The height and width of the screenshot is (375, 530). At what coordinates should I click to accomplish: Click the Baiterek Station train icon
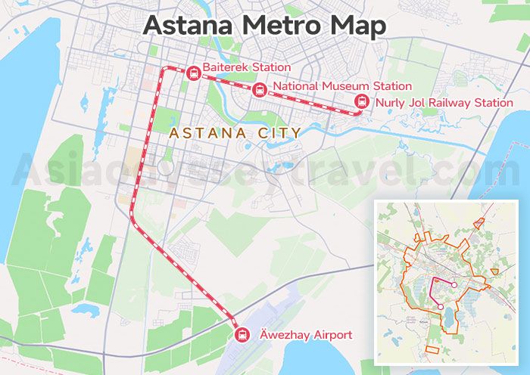(x=192, y=73)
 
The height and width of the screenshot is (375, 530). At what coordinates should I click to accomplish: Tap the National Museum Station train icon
(x=259, y=89)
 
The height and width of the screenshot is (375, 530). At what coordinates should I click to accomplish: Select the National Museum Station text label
(x=342, y=86)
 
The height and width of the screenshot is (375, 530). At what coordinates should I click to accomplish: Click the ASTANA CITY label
(x=235, y=133)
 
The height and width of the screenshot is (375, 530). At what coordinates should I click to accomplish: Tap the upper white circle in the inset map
(x=454, y=284)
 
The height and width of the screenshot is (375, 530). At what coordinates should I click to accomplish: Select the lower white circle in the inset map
(x=439, y=307)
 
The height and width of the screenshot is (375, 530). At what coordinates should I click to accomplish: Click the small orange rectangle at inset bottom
(x=432, y=349)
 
